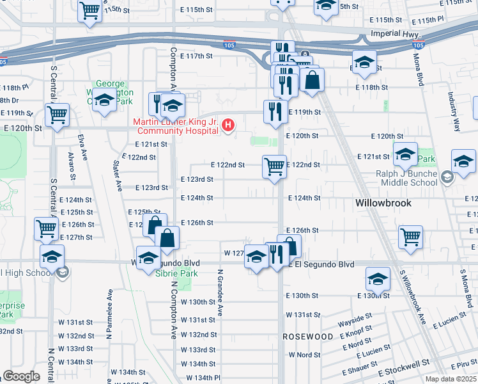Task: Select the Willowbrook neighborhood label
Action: (382, 202)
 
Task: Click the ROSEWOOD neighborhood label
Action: (308, 336)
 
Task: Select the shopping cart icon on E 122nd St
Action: (274, 167)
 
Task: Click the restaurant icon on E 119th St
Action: (275, 111)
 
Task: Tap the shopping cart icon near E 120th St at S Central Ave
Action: (58, 116)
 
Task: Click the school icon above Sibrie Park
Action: (149, 257)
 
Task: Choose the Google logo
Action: (21, 376)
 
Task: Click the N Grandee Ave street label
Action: (220, 292)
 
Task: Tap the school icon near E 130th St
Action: (378, 279)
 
